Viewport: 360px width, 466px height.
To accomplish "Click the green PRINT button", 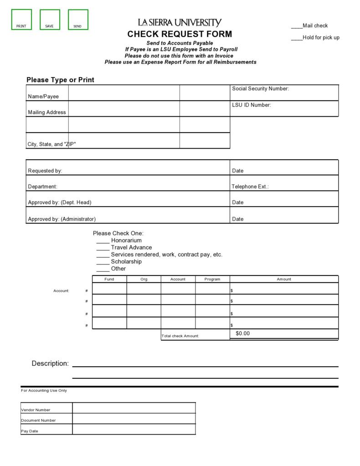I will pos(21,20).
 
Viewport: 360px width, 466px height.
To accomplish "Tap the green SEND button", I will pos(78,20).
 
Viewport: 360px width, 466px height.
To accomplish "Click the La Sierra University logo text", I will pos(180,23).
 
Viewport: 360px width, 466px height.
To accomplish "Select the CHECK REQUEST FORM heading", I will pos(180,34).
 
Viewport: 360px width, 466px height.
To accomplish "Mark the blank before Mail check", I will pos(297,26).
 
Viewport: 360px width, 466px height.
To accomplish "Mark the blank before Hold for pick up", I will pos(297,38).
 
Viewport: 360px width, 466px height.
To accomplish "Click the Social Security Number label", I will pos(260,89).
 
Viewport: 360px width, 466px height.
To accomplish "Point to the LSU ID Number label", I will pos(251,105).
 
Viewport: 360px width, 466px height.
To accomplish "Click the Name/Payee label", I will pos(43,97).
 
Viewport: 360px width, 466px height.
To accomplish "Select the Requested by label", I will pos(45,171).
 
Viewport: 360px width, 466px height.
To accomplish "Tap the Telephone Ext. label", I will pos(250,186).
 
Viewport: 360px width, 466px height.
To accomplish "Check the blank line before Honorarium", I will pos(103,241).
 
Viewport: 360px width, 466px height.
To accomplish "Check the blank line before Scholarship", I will pos(103,262).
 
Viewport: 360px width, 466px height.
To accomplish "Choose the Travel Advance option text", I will pos(131,248).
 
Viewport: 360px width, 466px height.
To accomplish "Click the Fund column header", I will pos(109,279).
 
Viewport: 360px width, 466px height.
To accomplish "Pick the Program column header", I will pos(212,279).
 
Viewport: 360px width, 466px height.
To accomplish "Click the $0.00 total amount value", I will pos(243,334).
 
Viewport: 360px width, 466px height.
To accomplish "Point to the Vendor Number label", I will pos(36,410).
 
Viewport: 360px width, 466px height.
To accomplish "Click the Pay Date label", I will pos(30,431).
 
